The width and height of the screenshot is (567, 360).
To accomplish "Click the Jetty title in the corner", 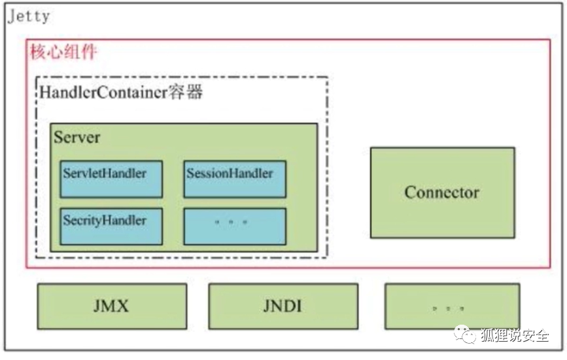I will point(28,16).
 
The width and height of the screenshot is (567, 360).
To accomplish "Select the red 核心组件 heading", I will point(63,52).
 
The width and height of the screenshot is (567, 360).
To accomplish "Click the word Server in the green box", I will point(77,137).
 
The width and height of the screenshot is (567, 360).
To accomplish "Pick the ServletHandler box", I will point(111,178).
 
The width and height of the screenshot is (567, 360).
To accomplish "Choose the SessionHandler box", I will point(234,178).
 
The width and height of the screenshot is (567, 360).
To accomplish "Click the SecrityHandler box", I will point(111,226).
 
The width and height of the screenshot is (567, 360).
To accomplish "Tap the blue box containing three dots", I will point(234,226).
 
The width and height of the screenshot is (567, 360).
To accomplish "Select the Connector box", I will point(442,192).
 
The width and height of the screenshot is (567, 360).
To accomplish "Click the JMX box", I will point(112,306).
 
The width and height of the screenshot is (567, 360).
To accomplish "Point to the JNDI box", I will point(283,306).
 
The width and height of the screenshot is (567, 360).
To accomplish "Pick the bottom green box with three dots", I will point(452,306).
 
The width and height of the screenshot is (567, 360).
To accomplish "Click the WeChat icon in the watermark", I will point(469,336).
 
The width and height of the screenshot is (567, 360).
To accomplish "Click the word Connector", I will point(442,192).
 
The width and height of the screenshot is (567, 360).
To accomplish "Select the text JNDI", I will point(283,306).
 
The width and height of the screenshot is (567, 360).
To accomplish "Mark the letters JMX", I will point(112,306).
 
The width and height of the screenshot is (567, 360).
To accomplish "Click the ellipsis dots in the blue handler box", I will point(232,223).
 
